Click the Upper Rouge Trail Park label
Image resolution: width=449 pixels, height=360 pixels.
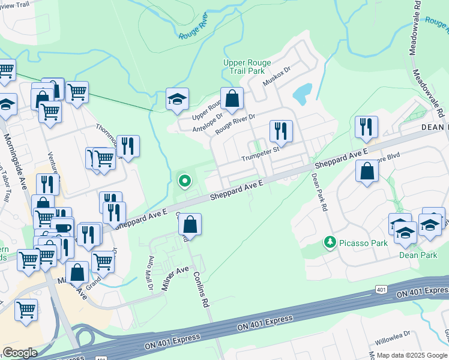[x=247, y=67]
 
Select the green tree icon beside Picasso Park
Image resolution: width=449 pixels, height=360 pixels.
[x=329, y=242]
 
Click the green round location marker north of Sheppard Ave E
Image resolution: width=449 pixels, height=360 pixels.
[x=185, y=179]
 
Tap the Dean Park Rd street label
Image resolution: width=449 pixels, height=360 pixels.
[x=319, y=192]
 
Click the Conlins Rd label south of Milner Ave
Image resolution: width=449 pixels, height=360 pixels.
[x=200, y=289]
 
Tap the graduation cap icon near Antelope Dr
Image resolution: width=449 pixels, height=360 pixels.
[x=177, y=99]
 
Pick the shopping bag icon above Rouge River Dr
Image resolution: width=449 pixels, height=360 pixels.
[x=232, y=99]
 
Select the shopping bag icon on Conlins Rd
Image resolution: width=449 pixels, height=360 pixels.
[x=190, y=225]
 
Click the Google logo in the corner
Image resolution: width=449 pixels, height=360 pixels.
[x=20, y=353]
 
